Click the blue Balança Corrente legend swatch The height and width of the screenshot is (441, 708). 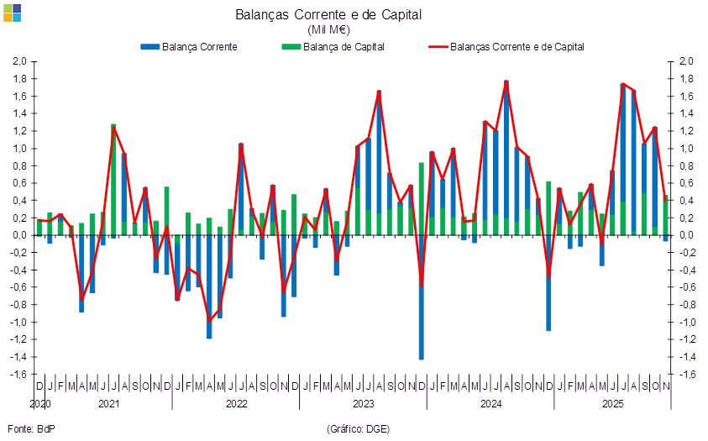(149, 47)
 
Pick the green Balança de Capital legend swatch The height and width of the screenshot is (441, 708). (292, 47)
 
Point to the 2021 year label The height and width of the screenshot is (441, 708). (108, 404)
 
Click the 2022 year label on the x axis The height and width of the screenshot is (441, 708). (236, 404)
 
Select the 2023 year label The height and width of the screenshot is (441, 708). (363, 404)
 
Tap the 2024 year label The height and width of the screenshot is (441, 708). (490, 404)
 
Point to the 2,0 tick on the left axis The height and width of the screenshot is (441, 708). (21, 61)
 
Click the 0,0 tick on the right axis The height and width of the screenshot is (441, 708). (686, 235)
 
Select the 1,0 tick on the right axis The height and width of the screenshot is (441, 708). (686, 149)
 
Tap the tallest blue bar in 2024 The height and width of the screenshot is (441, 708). (506, 151)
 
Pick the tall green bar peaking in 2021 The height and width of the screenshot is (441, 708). (113, 176)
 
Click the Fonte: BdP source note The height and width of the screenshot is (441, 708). (30, 429)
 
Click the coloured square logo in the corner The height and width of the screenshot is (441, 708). (12, 12)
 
